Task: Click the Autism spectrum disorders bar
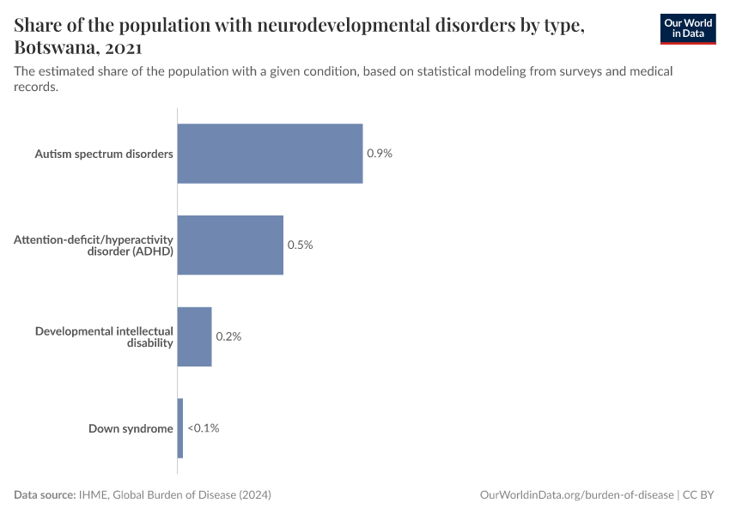tap(270, 154)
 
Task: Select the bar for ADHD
tap(230, 245)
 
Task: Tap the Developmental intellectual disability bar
tap(194, 336)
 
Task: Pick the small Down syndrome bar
tap(180, 428)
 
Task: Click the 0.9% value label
tap(380, 154)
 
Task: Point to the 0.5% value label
tap(300, 245)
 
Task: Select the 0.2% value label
tap(228, 336)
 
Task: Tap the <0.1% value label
tap(204, 428)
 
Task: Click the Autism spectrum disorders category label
tap(104, 154)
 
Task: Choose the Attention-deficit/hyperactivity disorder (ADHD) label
tap(94, 245)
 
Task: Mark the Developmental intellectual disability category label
tap(104, 336)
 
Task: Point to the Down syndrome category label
tap(131, 428)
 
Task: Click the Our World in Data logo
tap(688, 28)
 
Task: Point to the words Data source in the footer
tap(45, 495)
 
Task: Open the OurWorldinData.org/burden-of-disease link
tap(576, 495)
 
